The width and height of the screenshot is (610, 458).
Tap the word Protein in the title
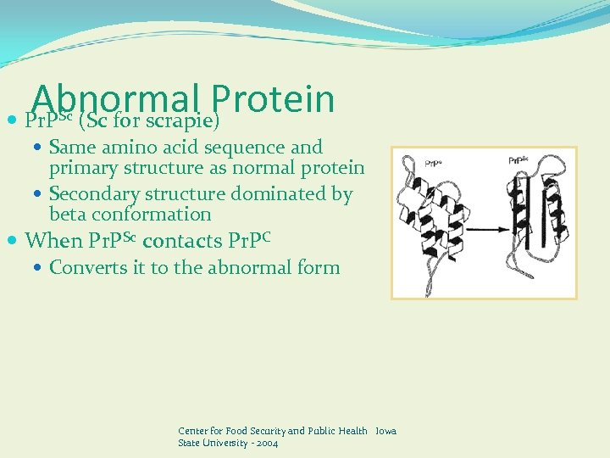(x=274, y=98)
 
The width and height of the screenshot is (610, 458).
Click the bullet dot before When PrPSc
(x=14, y=242)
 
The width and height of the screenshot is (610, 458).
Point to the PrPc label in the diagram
(x=412, y=160)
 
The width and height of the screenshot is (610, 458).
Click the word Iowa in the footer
(x=385, y=431)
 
